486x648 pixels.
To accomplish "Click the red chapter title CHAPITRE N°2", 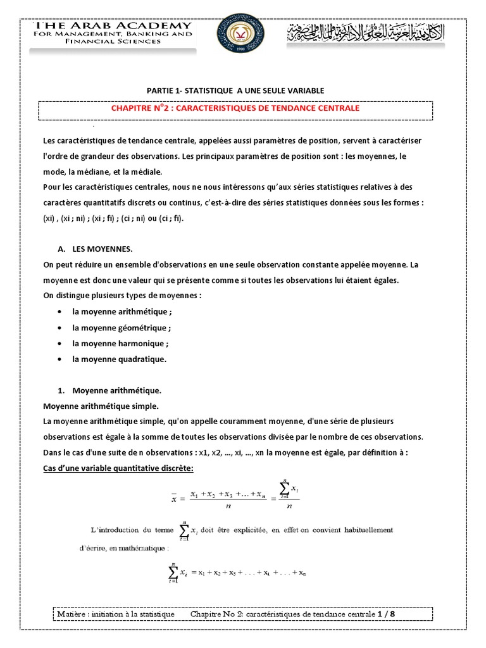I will click(x=235, y=108).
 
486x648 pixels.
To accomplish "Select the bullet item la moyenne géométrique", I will click(x=121, y=328).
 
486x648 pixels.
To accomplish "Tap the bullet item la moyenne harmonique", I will click(x=120, y=344).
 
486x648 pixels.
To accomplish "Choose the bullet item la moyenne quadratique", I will click(x=119, y=359).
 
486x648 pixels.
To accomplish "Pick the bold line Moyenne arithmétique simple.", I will click(x=101, y=406).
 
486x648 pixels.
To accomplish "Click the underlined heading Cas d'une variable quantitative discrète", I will click(x=118, y=468).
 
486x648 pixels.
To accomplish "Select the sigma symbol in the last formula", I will click(x=171, y=573).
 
